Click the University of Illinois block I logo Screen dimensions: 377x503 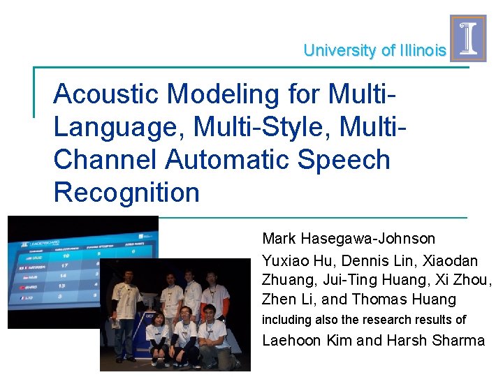467,38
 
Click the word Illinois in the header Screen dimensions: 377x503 423,50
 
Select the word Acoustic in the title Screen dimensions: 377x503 99,93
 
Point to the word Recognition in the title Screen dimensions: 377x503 126,193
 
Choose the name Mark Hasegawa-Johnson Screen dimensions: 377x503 348,239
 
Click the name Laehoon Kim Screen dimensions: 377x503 307,341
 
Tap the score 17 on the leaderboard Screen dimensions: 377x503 64,266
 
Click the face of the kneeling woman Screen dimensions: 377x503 157,319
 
